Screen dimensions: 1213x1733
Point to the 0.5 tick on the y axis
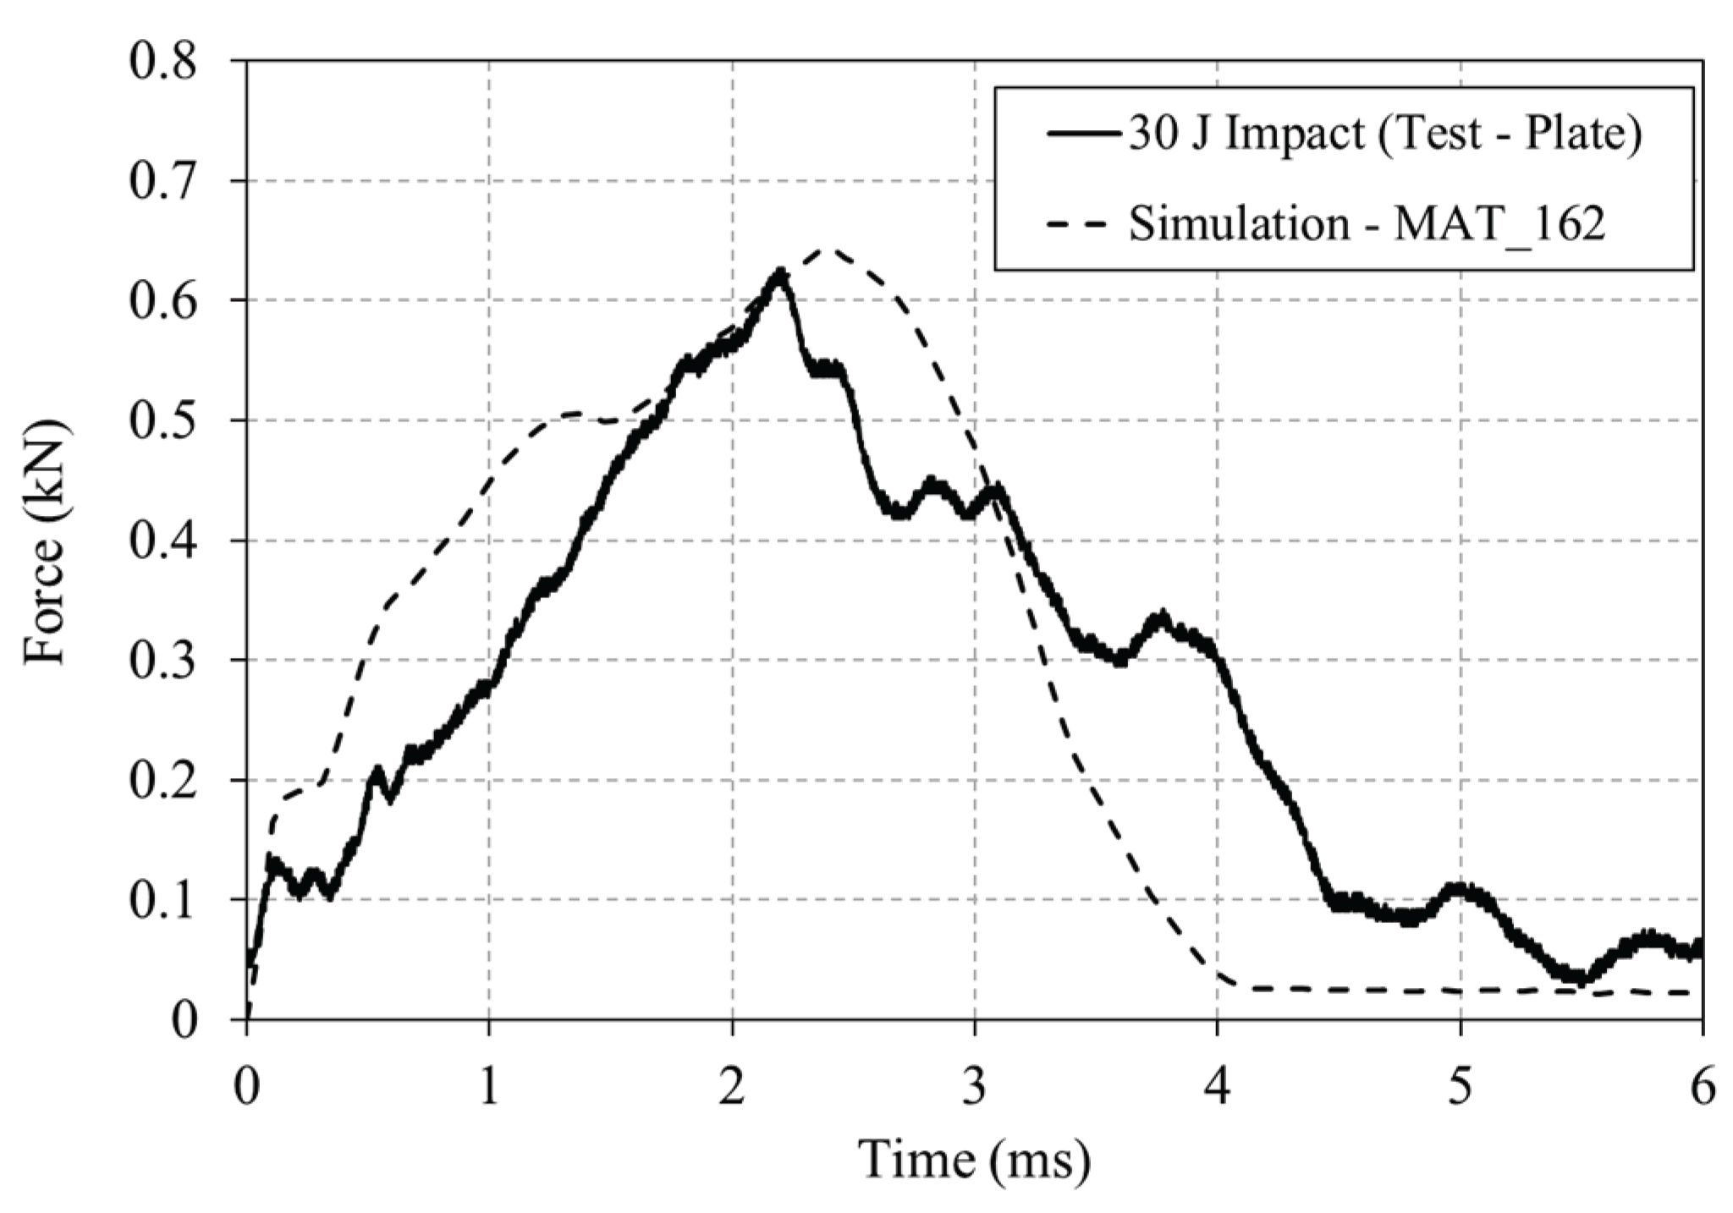(x=162, y=420)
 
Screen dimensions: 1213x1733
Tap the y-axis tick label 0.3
(x=162, y=661)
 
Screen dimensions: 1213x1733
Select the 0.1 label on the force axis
(x=162, y=900)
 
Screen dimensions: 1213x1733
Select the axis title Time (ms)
(x=975, y=1160)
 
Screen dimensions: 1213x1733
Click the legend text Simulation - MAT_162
(x=1367, y=224)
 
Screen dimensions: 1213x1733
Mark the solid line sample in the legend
(x=1087, y=134)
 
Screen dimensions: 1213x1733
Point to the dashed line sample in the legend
(x=1087, y=225)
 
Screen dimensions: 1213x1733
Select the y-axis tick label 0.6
(x=162, y=300)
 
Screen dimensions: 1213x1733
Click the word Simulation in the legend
(x=1239, y=224)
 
